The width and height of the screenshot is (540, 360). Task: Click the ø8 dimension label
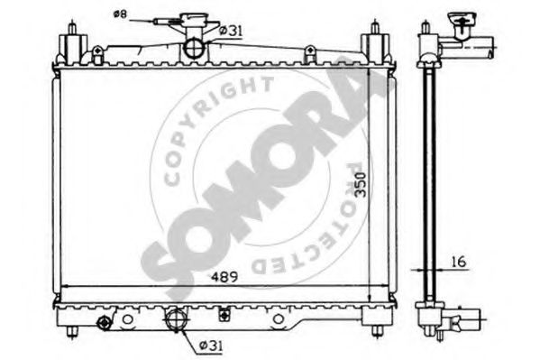coord(120,14)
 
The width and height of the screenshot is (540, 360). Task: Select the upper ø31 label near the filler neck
coord(233,33)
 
